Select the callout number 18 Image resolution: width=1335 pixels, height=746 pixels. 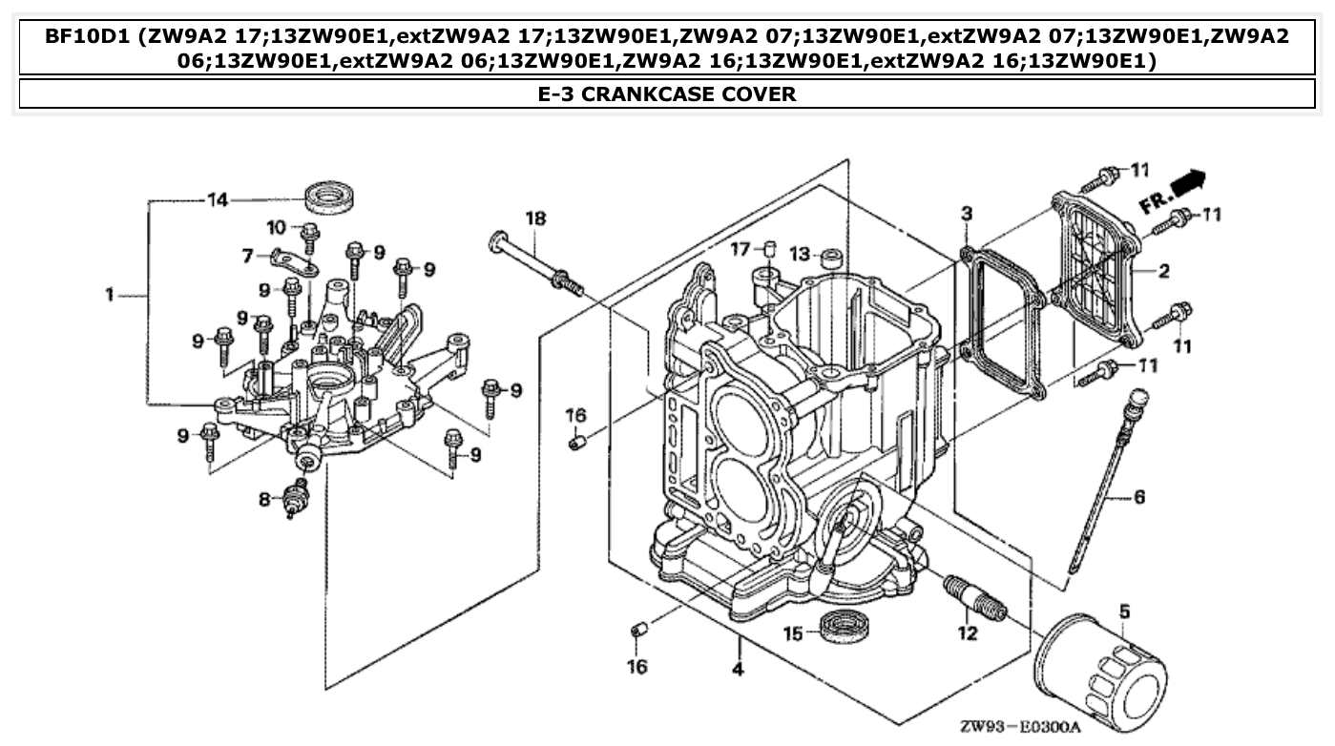[535, 219]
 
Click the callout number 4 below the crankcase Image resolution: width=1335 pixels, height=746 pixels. [738, 669]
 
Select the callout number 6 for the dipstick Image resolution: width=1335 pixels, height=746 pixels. [1139, 497]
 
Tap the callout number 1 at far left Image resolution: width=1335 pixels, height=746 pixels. [111, 296]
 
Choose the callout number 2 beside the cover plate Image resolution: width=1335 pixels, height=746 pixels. [1163, 272]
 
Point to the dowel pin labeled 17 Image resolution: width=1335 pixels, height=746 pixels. [764, 250]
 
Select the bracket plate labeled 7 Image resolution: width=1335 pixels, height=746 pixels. [289, 262]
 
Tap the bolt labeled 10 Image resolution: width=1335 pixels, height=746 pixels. [309, 234]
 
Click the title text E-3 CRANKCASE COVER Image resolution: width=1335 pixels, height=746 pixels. [667, 93]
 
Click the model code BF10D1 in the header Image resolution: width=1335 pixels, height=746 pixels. [88, 37]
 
